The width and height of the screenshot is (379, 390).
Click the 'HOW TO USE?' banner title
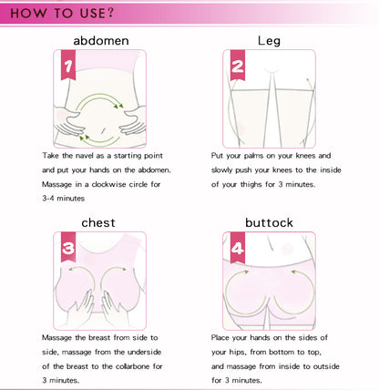(x=62, y=13)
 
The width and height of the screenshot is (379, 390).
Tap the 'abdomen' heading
(x=101, y=41)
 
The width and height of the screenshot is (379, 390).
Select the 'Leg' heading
(x=269, y=41)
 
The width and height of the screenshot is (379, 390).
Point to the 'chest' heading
(x=98, y=222)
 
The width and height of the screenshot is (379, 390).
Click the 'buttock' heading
(x=269, y=222)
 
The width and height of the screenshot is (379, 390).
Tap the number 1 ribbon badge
(x=68, y=65)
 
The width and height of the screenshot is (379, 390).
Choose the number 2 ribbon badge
(x=238, y=66)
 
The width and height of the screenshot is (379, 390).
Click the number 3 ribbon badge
(x=68, y=247)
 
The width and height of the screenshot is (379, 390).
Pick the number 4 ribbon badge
(x=238, y=248)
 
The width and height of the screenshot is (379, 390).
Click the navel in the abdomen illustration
(x=103, y=130)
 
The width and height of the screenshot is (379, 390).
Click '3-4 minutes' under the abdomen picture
(x=64, y=199)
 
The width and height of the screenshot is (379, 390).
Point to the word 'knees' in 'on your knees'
(x=306, y=156)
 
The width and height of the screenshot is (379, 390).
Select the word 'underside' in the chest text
(x=144, y=352)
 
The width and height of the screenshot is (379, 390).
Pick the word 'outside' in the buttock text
(x=326, y=366)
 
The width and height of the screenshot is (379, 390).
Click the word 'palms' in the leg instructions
(x=253, y=156)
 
